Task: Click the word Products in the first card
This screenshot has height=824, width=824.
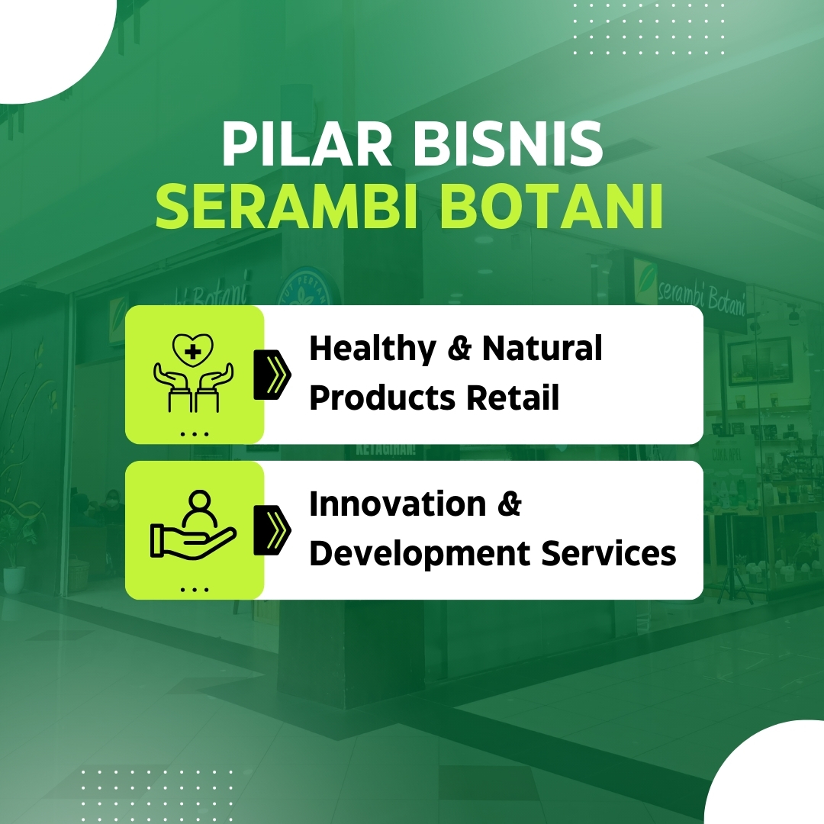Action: tap(382, 398)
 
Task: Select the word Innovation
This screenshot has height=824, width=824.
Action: tap(398, 504)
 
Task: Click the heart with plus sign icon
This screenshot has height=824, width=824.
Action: tap(194, 350)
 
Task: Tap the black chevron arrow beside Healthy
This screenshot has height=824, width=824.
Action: tap(273, 374)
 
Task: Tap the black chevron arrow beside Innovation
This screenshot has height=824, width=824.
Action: tap(273, 529)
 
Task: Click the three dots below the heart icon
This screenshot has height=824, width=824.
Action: tap(195, 434)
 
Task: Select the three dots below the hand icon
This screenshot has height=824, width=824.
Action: tap(195, 589)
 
